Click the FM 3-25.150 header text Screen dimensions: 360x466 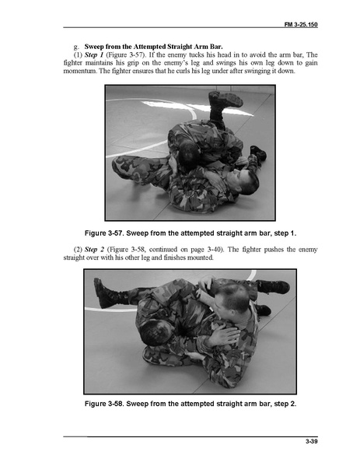301,24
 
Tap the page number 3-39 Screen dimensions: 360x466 312,441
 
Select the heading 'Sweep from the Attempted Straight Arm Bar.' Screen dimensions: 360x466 154,47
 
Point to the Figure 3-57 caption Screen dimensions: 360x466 190,233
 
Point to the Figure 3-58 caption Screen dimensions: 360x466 190,404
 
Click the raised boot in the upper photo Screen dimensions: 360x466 224,100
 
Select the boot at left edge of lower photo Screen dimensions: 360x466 107,294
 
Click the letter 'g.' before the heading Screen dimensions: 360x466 77,47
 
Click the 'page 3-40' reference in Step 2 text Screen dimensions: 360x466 209,250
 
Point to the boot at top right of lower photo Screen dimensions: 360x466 273,287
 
